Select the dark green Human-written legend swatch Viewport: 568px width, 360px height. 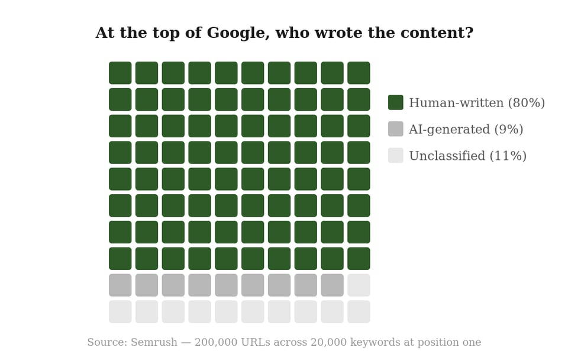point(395,102)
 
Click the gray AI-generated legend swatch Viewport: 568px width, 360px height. point(395,129)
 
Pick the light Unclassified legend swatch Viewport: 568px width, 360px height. point(395,156)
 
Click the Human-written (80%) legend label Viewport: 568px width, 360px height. point(477,103)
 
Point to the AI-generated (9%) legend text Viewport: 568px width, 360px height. point(466,130)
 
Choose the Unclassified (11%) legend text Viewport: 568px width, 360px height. point(467,156)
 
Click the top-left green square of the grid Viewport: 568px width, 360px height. point(120,73)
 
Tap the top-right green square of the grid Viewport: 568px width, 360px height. point(359,73)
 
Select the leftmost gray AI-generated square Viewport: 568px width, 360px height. point(120,285)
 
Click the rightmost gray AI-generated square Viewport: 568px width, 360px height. point(332,285)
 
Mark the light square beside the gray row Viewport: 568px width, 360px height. point(359,285)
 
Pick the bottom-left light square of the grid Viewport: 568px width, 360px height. point(120,311)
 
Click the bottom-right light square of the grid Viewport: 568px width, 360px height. point(359,311)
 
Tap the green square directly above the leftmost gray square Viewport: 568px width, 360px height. point(120,258)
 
